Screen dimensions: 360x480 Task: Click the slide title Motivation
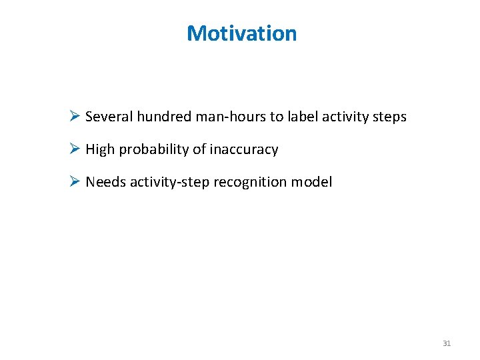tap(241, 33)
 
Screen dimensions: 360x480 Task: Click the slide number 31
tap(447, 343)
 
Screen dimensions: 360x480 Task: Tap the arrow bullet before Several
tap(75, 117)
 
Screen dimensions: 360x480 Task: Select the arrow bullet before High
tap(75, 149)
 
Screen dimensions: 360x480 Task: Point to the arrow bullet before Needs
tap(75, 182)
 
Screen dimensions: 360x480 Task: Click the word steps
tap(389, 117)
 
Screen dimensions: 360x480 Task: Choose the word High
tap(100, 149)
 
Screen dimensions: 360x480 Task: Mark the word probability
tap(154, 150)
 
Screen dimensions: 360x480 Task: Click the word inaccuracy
tap(244, 150)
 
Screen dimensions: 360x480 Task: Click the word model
tap(314, 182)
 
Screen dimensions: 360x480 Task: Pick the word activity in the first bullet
tap(345, 117)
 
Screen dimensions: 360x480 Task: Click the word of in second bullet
tap(199, 149)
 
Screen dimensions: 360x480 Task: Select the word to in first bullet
tap(277, 117)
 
